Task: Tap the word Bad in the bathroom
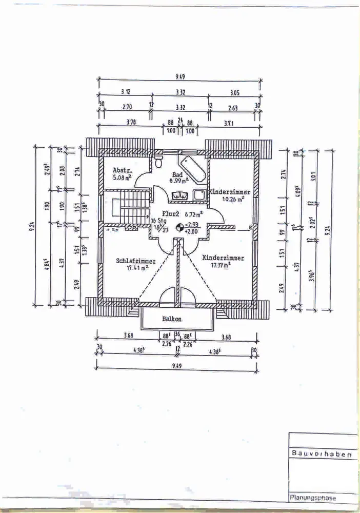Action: pos(177,174)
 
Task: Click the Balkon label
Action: pos(172,319)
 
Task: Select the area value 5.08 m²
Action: pos(122,179)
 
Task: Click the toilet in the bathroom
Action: pos(158,162)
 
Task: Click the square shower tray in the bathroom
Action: pos(199,194)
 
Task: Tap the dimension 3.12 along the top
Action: pos(125,92)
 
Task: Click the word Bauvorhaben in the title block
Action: pos(322,453)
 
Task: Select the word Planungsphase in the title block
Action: pos(314,497)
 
